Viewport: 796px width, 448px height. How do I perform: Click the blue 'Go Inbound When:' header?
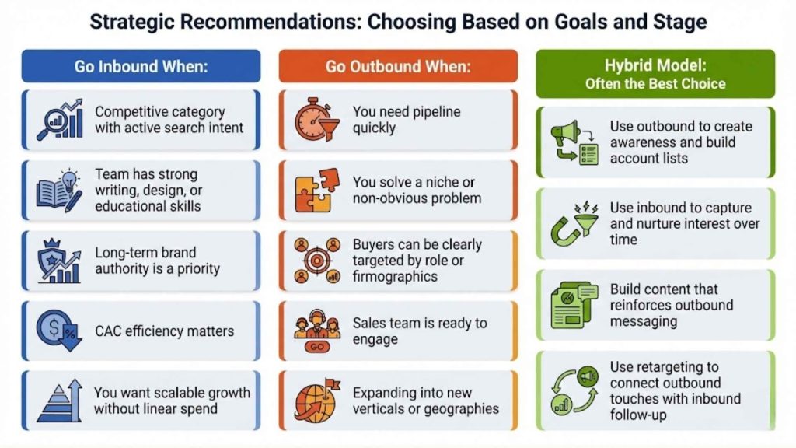141,66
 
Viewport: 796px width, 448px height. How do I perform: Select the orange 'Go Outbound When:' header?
398,66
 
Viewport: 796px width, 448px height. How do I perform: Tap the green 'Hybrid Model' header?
655,74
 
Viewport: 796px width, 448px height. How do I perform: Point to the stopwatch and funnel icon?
316,120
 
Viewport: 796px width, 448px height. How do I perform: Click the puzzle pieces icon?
316,191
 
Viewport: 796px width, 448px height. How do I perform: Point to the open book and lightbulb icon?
60,191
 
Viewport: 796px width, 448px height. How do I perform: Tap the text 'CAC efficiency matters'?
164,331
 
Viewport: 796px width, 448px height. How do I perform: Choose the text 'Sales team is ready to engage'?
419,331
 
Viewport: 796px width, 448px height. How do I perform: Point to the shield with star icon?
60,261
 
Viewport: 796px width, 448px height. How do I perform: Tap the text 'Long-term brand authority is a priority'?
158,261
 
